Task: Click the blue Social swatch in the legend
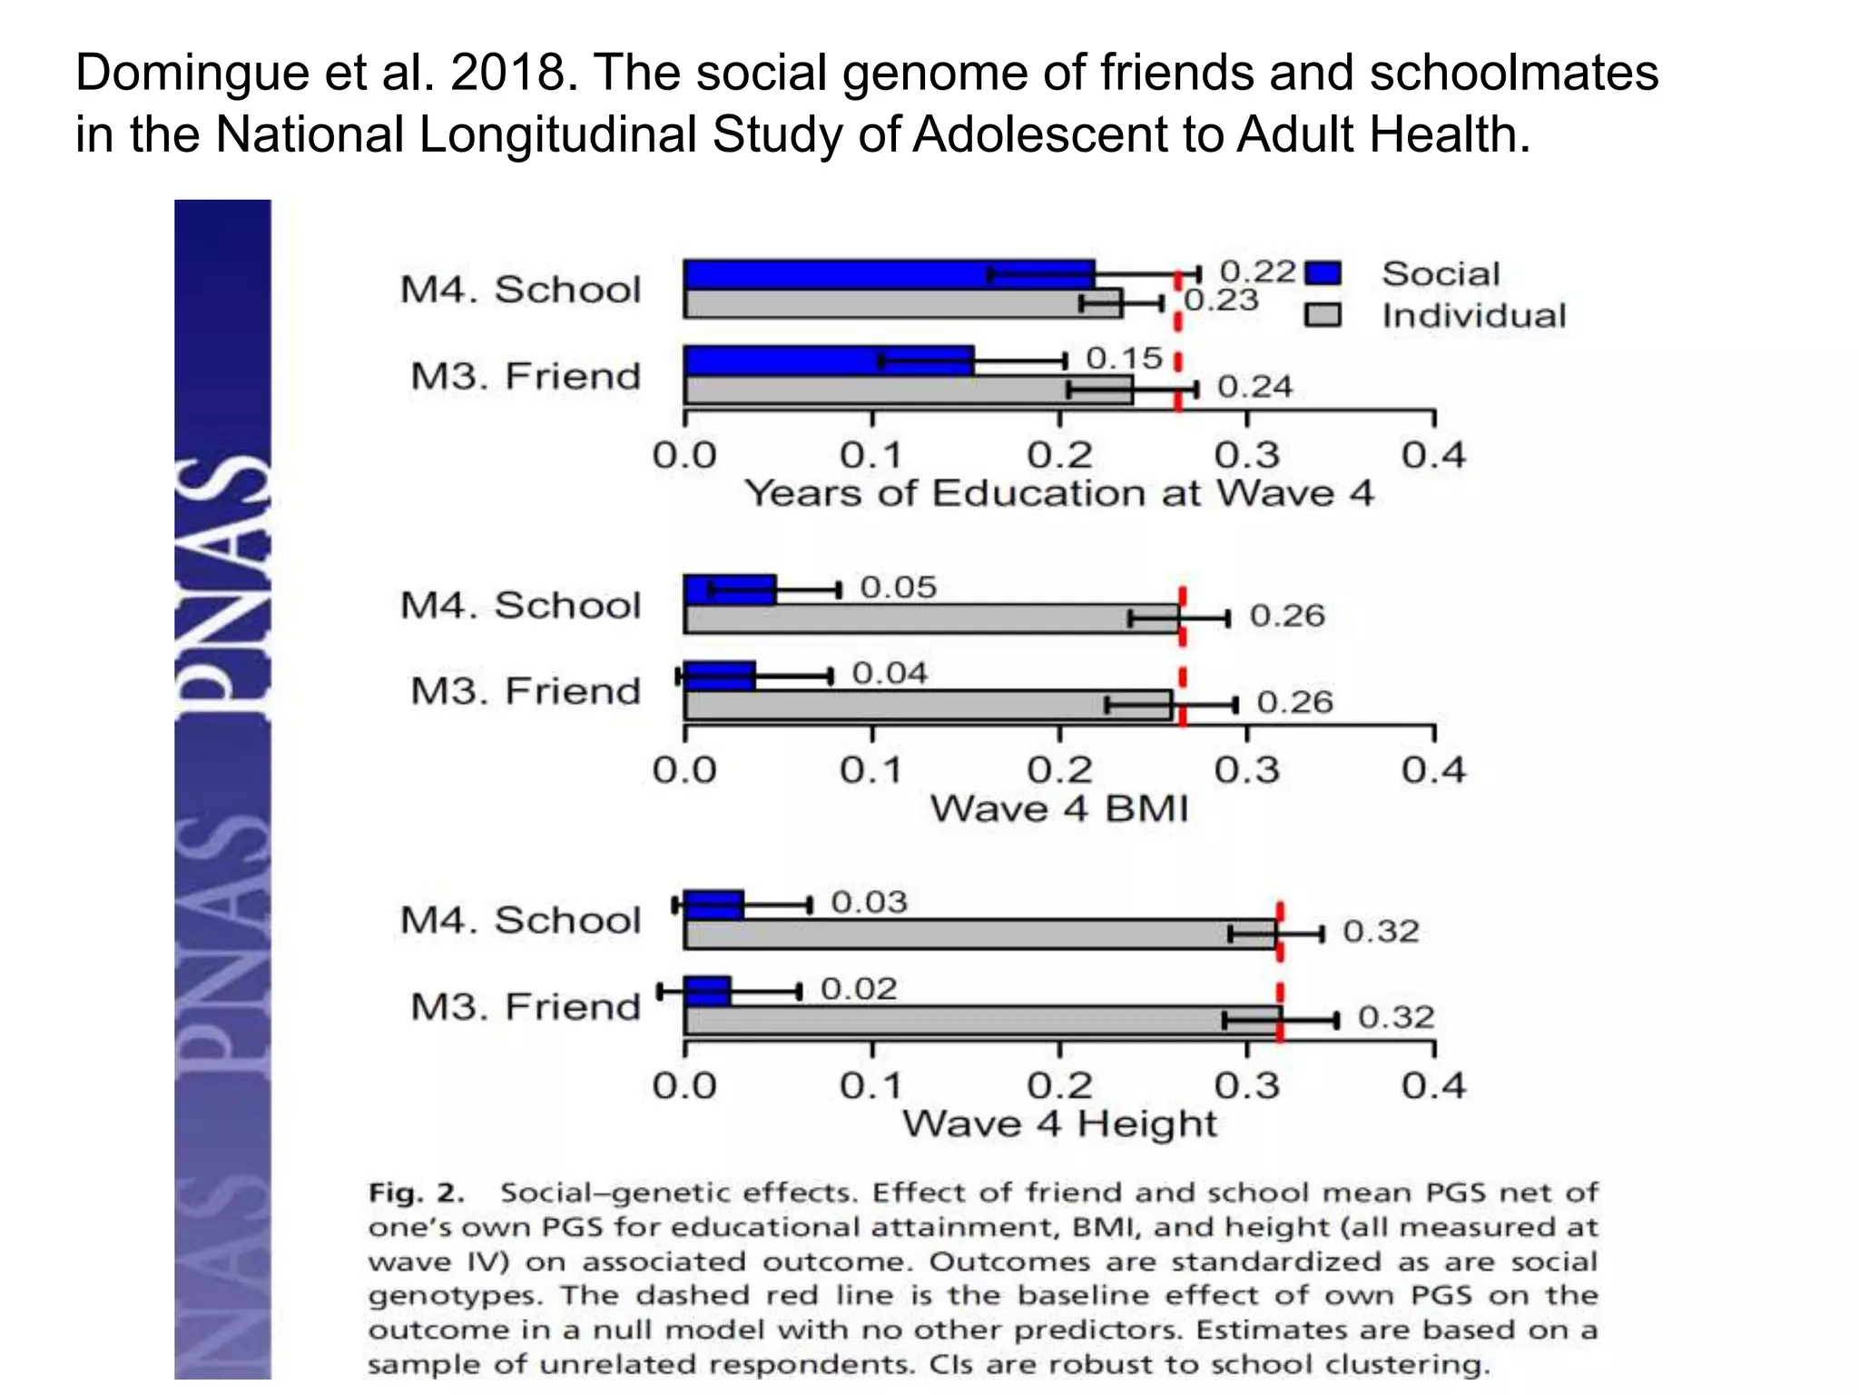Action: (1323, 273)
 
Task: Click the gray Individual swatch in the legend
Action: (1323, 315)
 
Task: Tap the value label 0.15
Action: (1124, 358)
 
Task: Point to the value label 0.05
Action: (898, 587)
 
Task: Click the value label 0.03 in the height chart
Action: (869, 902)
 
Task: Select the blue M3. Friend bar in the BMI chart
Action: (720, 676)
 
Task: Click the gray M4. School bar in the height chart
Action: (980, 934)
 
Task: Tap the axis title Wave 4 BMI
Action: (1059, 808)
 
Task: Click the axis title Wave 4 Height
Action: (1059, 1124)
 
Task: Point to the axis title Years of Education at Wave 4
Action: (1059, 493)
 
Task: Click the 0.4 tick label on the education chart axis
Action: (1433, 455)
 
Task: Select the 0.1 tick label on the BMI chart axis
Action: (871, 770)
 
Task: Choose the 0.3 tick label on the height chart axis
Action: (1246, 1085)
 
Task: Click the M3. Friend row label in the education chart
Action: (526, 376)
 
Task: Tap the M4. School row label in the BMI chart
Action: (520, 605)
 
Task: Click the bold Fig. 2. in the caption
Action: (416, 1192)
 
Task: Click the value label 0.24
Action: (1254, 387)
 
